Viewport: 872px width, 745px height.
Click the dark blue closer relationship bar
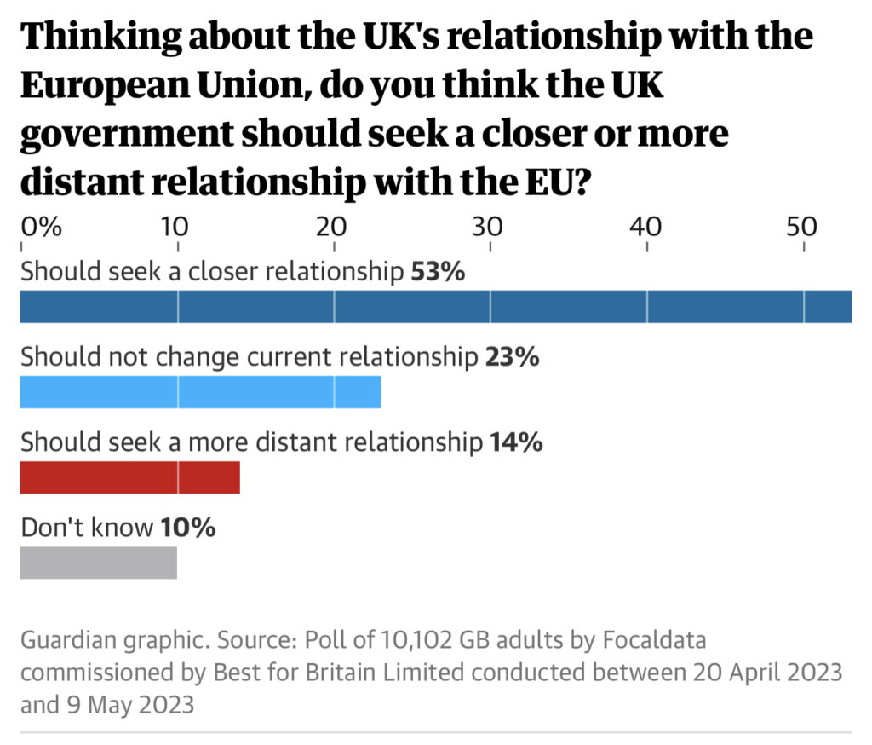[435, 307]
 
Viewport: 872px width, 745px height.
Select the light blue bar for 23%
[200, 392]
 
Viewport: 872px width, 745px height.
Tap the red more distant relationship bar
[129, 477]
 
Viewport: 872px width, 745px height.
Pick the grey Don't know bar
[98, 563]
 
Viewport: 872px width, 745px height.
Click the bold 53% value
[438, 272]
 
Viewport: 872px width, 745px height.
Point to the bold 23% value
[512, 357]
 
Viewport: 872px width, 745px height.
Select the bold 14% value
[516, 442]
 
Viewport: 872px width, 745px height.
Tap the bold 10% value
[188, 528]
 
